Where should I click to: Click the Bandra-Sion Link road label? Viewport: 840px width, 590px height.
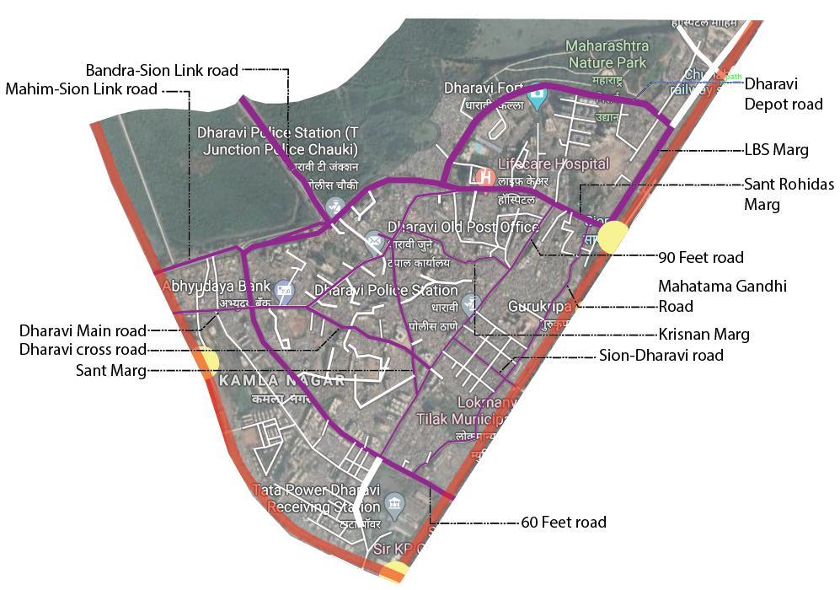click(x=162, y=70)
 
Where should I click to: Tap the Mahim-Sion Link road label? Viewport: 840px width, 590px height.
click(x=81, y=88)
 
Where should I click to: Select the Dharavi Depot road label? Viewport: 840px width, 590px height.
click(x=784, y=94)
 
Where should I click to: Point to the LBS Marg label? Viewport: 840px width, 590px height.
click(x=776, y=150)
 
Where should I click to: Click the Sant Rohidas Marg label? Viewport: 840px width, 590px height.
click(x=789, y=194)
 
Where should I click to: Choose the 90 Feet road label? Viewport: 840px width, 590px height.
click(x=701, y=256)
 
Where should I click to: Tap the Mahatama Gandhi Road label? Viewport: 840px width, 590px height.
click(x=722, y=296)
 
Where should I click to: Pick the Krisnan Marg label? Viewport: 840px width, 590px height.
click(x=704, y=335)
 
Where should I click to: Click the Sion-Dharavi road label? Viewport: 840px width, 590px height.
click(x=661, y=355)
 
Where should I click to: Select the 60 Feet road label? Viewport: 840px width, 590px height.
click(x=564, y=523)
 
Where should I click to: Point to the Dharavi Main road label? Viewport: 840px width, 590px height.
click(x=83, y=330)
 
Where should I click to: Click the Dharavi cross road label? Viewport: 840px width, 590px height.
click(x=83, y=350)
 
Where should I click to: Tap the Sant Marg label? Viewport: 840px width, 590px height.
click(x=111, y=369)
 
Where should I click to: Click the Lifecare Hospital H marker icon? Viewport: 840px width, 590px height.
click(x=484, y=177)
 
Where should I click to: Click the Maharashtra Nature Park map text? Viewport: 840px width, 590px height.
click(x=606, y=53)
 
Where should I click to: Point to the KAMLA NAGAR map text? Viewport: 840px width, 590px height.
click(x=281, y=381)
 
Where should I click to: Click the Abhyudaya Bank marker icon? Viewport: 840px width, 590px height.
click(x=284, y=291)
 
